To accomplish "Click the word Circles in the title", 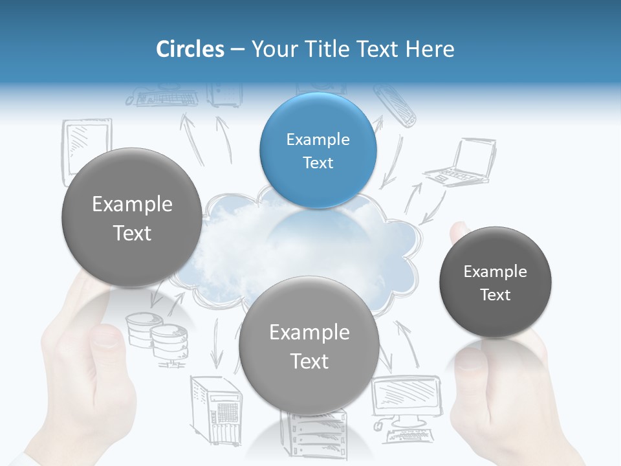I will (190, 49).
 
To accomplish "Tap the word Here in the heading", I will (430, 49).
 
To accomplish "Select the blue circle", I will (318, 150).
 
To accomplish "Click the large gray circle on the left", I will (132, 217).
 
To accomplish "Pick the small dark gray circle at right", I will (495, 282).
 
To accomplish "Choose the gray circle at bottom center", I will (309, 346).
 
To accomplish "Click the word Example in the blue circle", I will (318, 139).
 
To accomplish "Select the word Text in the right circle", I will (496, 294).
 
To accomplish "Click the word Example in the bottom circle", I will (309, 333).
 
